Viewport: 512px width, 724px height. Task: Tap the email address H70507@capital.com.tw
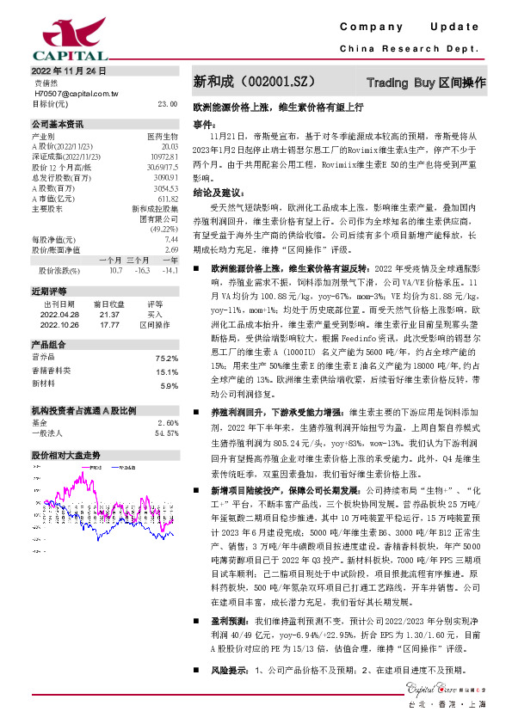click(x=76, y=93)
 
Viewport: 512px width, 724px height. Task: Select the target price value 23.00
click(x=167, y=103)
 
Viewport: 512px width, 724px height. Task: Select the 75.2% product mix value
click(x=166, y=358)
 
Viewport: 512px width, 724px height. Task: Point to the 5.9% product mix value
click(x=168, y=385)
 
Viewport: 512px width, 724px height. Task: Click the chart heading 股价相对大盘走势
click(x=66, y=453)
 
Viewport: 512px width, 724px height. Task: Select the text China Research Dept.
click(x=414, y=49)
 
